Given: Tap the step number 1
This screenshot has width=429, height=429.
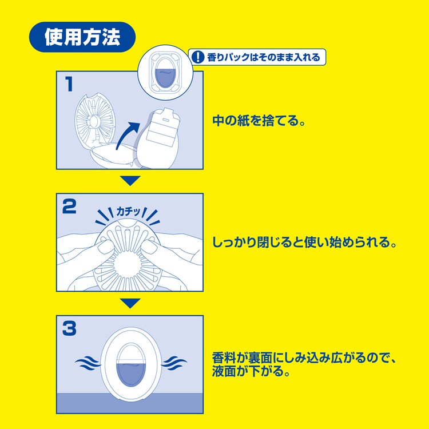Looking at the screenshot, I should (x=69, y=85).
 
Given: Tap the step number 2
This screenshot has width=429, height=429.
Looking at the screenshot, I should (x=69, y=206).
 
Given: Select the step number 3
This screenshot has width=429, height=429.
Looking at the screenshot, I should (x=69, y=328).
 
